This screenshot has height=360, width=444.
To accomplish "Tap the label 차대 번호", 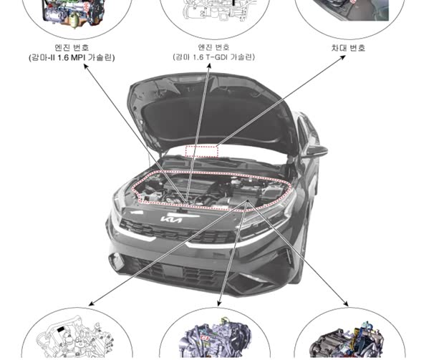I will click(348, 48).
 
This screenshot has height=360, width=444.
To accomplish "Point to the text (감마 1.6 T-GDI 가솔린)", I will click(213, 57).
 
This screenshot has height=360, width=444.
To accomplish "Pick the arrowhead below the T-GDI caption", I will click(211, 67).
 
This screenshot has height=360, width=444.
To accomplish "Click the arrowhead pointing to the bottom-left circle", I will click(92, 298).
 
